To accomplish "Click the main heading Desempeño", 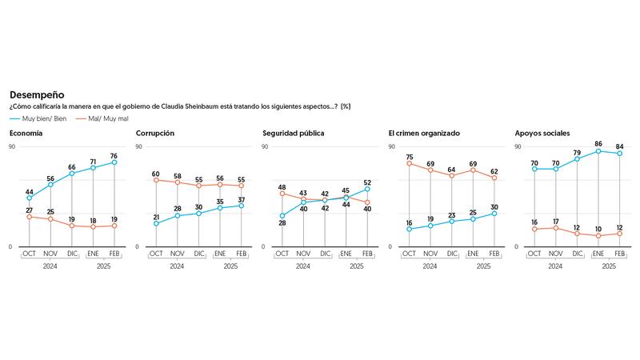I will tap(37, 94).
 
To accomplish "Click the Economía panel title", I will tap(26, 133).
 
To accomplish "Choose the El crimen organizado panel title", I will tap(423, 133).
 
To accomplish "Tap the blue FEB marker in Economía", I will tap(114, 162).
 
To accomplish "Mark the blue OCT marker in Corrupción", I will tap(156, 223).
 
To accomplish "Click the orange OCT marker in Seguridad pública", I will tap(282, 194).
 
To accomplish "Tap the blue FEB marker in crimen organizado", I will tap(494, 214).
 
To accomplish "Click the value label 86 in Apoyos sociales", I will tap(598, 143).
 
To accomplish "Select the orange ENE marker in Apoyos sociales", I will tap(598, 236).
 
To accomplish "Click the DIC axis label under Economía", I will tap(72, 254).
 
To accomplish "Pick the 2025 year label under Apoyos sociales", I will tap(609, 266).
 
